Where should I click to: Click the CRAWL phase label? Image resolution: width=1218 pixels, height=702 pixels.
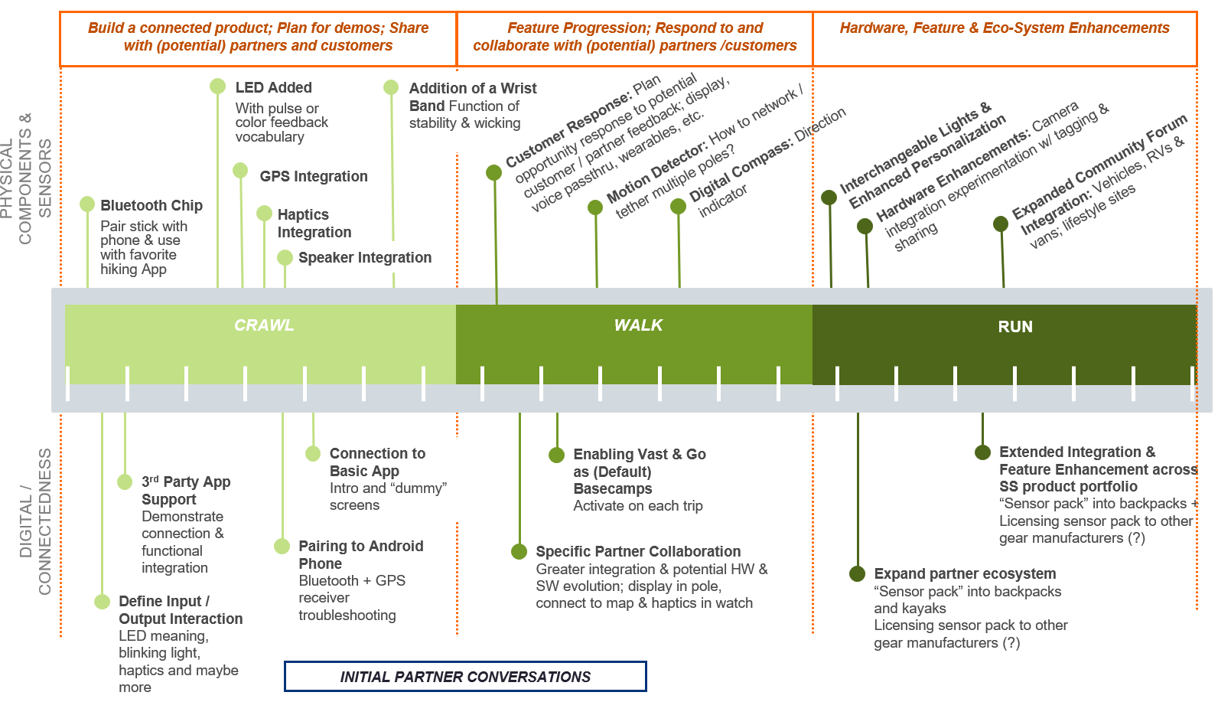tap(264, 325)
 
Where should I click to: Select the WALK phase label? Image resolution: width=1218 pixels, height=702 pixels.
tap(638, 325)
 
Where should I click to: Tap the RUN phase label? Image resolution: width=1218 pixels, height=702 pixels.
tap(1015, 327)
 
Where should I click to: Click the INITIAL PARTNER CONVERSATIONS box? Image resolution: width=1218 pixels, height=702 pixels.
tap(465, 677)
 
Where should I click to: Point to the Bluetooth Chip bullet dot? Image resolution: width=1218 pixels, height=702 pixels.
tap(87, 204)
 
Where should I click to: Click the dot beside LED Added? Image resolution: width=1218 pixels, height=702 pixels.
tap(218, 87)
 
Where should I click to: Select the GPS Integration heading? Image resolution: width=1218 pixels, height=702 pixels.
tap(314, 176)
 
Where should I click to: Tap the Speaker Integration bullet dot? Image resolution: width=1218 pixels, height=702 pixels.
tap(285, 258)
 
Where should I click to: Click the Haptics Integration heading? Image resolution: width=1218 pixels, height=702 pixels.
tap(314, 224)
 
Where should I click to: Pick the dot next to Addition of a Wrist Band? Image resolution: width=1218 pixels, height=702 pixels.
tap(391, 87)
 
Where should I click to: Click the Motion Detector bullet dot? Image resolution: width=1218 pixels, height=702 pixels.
tap(595, 207)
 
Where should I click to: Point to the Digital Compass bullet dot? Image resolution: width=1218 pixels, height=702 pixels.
tap(678, 207)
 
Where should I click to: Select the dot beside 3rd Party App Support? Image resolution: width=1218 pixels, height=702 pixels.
tap(125, 482)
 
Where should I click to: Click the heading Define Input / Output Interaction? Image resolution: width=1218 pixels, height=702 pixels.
tap(181, 610)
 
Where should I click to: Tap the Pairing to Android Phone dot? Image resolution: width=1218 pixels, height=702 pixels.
tap(282, 546)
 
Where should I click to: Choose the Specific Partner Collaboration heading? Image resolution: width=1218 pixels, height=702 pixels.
tap(638, 551)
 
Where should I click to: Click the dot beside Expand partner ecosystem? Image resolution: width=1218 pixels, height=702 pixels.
tap(857, 574)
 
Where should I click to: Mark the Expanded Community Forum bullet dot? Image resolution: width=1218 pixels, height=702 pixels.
tap(1001, 224)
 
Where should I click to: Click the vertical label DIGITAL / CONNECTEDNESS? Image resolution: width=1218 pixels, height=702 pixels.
tap(35, 521)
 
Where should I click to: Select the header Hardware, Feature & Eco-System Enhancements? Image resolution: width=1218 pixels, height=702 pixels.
tap(1005, 28)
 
